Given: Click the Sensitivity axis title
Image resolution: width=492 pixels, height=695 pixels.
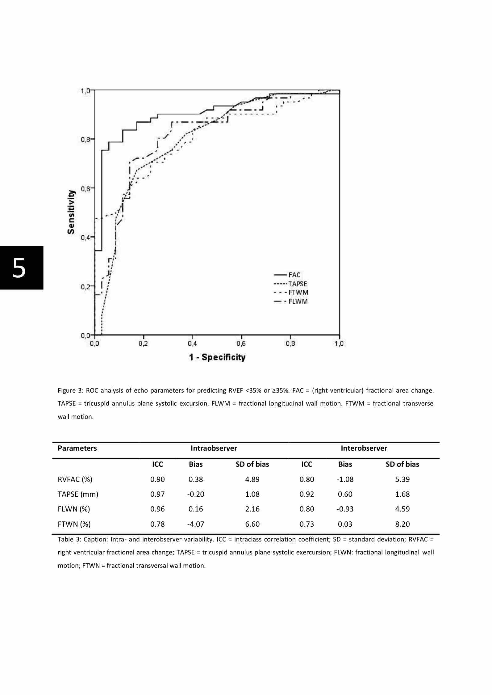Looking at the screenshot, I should (72, 212).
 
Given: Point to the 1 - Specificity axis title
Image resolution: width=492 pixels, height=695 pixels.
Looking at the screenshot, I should (217, 357).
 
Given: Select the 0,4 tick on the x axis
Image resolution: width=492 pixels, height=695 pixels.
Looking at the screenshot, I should (192, 343).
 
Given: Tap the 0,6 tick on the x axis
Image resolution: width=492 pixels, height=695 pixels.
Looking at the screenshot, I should (241, 343).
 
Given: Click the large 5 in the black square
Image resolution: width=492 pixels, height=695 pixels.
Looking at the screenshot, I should (19, 268).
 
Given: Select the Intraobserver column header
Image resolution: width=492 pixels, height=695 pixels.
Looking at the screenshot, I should (214, 448).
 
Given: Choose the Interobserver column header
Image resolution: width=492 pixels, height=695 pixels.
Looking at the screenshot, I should (364, 448).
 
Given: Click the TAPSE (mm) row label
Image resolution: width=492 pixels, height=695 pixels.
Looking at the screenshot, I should (78, 494).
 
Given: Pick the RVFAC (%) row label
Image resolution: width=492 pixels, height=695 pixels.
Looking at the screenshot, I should (75, 479).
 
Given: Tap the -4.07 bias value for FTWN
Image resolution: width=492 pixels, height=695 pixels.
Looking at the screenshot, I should (196, 524).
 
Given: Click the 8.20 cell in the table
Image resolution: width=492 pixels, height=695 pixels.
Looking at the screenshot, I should (402, 524).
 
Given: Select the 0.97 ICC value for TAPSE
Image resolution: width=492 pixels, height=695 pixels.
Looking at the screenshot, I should (157, 494).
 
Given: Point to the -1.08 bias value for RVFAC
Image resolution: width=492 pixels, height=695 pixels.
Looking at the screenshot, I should (345, 479).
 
